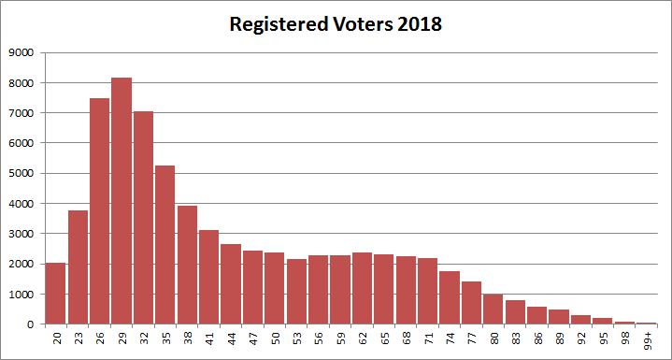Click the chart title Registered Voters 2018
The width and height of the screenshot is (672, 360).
tap(336, 24)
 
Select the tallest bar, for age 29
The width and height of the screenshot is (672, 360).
tap(122, 201)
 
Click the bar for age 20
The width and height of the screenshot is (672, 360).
tap(56, 294)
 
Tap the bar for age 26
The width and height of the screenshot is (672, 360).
tap(100, 211)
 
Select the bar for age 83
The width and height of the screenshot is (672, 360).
tap(515, 312)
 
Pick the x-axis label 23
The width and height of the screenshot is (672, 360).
tap(79, 338)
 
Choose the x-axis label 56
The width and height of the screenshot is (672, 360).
tap(319, 338)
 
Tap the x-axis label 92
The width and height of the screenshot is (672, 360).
tap(581, 338)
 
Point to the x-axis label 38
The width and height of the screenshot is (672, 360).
tap(188, 338)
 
